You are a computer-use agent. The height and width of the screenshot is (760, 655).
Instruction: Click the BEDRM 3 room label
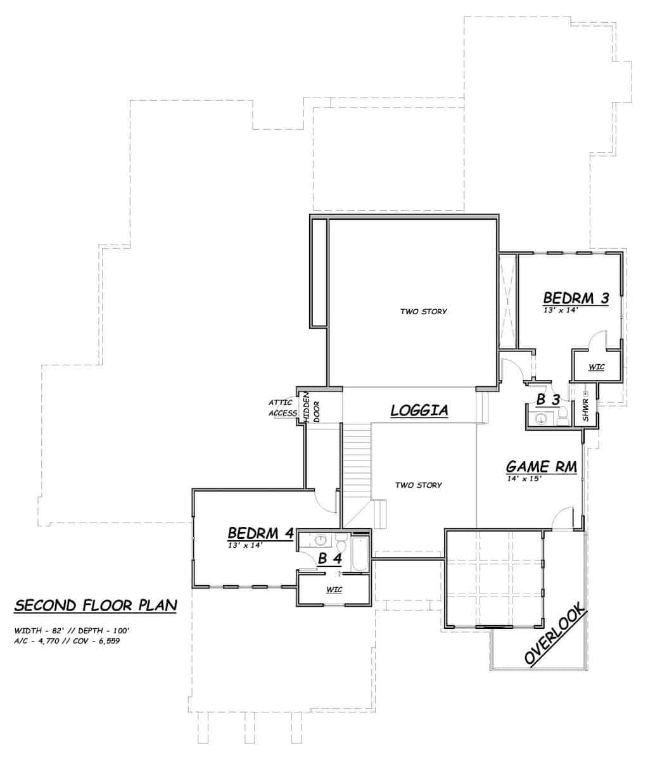coord(576,298)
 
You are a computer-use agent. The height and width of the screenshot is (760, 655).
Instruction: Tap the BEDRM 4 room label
coord(260,533)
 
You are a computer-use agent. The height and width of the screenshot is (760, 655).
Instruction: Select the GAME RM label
coord(540,467)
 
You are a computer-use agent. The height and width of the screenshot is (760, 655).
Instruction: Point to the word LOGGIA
coord(419,410)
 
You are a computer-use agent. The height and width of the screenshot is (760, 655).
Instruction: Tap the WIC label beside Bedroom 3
coord(596,367)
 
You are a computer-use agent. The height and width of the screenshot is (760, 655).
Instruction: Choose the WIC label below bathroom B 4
coord(334,590)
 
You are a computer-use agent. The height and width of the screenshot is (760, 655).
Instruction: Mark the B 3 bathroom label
coord(548,400)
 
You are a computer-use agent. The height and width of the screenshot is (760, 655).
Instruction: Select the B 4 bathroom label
coord(329,559)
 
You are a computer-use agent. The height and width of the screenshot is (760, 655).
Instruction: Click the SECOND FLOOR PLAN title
coord(95,605)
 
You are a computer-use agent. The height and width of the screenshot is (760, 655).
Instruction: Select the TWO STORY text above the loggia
coord(423,312)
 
